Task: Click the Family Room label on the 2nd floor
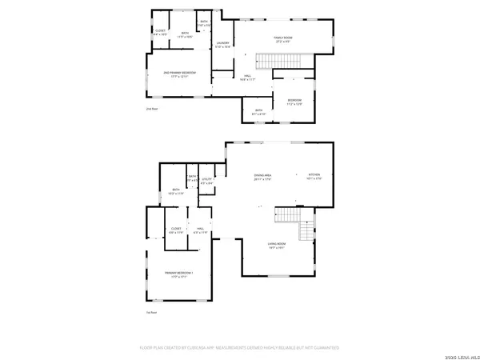tap(284, 38)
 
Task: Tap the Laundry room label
tap(223, 45)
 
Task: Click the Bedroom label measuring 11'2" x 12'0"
tap(294, 102)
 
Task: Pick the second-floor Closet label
tap(160, 33)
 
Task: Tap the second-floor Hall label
tap(246, 78)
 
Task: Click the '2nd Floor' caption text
tap(152, 108)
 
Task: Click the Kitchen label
tap(314, 176)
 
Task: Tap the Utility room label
tap(206, 182)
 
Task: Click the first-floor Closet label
tap(176, 230)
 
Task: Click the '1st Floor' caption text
tap(150, 311)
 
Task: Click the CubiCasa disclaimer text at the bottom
tap(240, 348)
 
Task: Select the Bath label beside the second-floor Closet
tap(184, 33)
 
